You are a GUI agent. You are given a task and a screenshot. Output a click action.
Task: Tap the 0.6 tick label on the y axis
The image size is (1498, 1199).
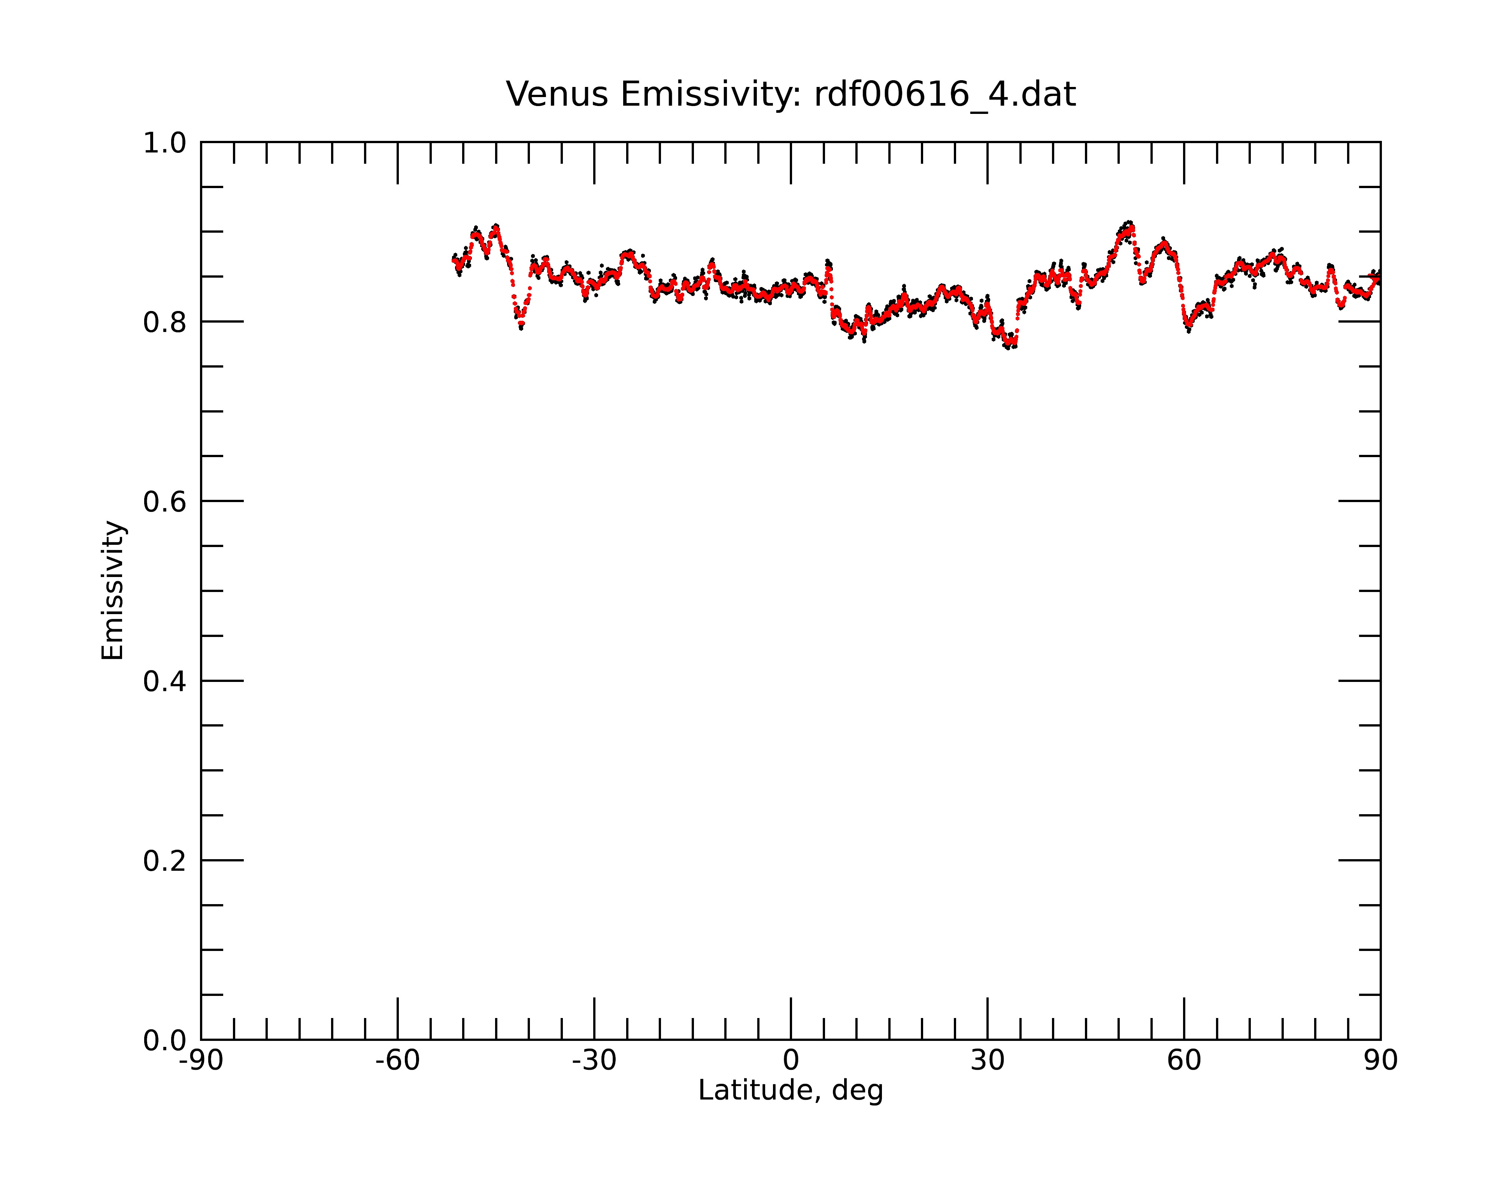tap(165, 501)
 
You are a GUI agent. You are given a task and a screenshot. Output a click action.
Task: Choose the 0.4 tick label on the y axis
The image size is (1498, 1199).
tap(165, 681)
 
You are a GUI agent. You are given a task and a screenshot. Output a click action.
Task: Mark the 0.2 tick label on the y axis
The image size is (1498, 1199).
tap(165, 861)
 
